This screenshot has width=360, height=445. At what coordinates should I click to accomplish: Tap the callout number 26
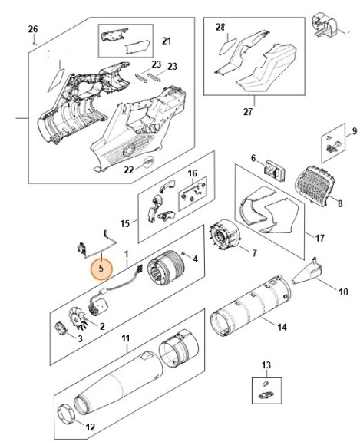click(x=32, y=29)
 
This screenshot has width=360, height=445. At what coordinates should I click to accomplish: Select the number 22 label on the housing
click(x=129, y=170)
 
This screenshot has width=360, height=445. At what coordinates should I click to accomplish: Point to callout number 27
click(x=248, y=112)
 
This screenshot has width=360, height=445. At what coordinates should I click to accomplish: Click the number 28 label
click(x=221, y=28)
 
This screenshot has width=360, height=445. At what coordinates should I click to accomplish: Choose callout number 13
click(x=266, y=364)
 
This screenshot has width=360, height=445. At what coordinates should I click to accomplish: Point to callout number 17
click(x=309, y=236)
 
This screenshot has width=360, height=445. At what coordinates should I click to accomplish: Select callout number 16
click(x=193, y=174)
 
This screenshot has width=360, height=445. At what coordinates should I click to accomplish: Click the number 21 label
click(x=166, y=40)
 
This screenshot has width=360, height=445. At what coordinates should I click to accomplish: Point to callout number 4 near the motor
click(x=196, y=259)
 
